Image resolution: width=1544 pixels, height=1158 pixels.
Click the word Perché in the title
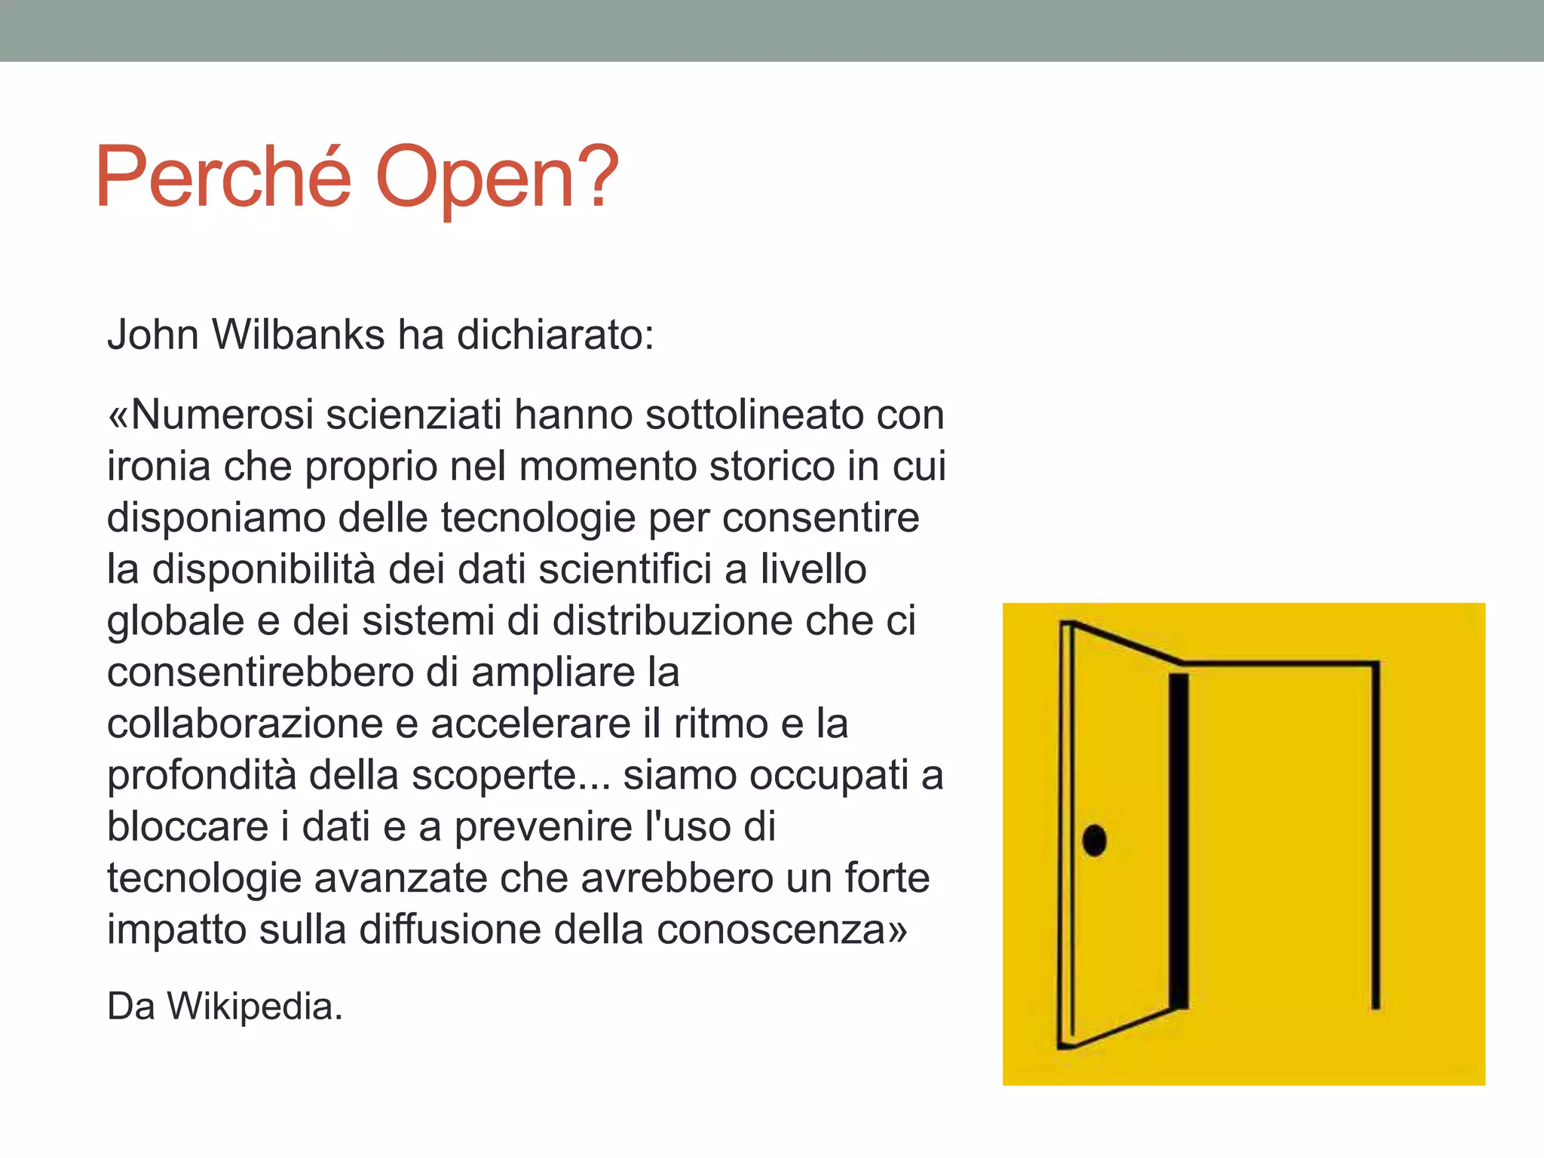223,178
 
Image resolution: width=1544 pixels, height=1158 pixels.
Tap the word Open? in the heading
497,178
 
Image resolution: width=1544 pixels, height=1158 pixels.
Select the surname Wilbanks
299,335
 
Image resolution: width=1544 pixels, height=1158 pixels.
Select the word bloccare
188,827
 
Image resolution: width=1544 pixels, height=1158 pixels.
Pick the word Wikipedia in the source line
250,1006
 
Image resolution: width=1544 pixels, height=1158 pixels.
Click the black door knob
1094,840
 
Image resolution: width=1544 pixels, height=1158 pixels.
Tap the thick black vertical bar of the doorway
1178,841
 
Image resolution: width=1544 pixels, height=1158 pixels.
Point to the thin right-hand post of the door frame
1375,837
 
